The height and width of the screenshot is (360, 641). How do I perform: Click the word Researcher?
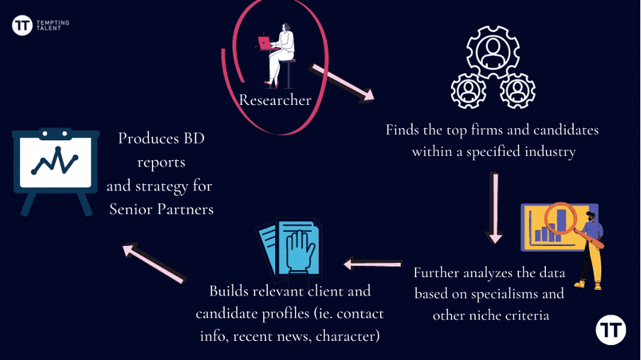[275, 100]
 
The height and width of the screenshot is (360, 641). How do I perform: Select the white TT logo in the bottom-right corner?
[611, 332]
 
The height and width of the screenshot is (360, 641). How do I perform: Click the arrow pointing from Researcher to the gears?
[342, 83]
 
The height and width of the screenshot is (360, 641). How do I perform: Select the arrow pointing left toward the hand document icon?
[372, 264]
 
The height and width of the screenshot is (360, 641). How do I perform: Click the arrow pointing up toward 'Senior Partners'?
[154, 262]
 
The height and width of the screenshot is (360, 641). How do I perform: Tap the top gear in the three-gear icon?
[492, 51]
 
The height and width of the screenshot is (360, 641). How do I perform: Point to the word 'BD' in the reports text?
[193, 138]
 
